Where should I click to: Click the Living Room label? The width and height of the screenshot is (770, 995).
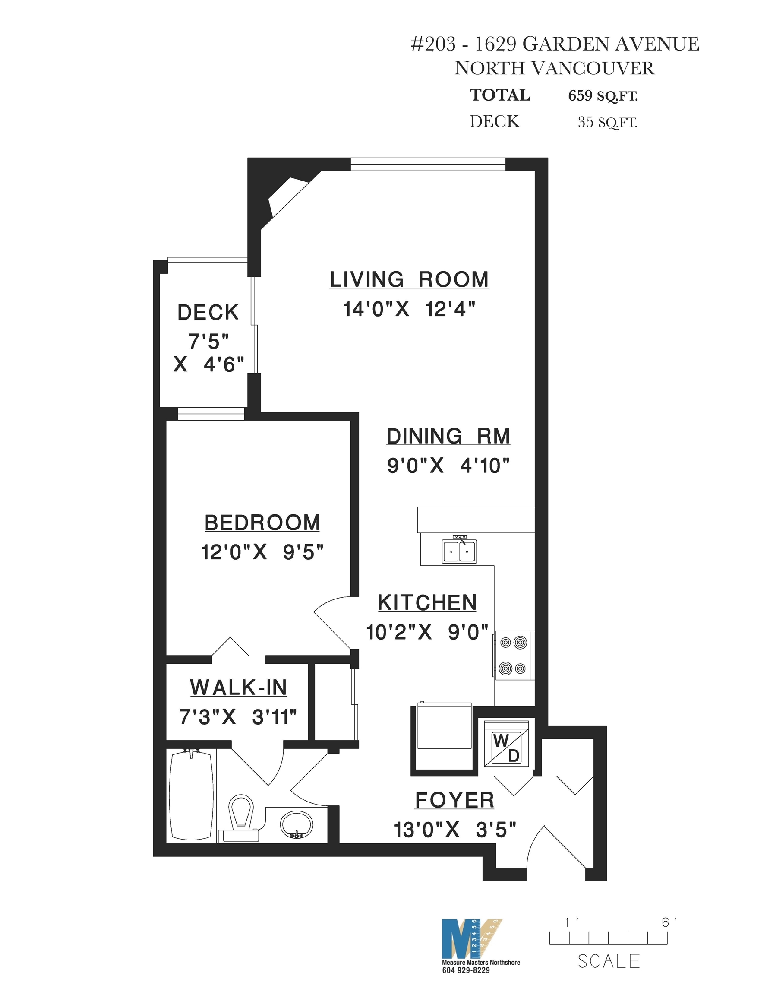click(x=409, y=279)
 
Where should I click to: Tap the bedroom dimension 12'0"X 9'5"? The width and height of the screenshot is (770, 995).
click(x=262, y=552)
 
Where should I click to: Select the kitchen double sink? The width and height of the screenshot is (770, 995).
click(x=459, y=550)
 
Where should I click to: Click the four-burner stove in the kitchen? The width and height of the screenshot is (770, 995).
click(x=513, y=655)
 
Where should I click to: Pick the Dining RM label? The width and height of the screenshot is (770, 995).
click(x=448, y=436)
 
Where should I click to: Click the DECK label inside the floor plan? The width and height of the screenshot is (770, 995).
click(x=208, y=312)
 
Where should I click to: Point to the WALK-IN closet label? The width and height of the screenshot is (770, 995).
click(x=238, y=688)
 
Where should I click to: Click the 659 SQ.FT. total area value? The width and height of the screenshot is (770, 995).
click(x=603, y=96)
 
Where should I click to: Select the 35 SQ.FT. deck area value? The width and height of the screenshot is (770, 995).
click(x=607, y=122)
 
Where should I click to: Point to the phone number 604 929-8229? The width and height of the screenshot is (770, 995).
click(x=466, y=970)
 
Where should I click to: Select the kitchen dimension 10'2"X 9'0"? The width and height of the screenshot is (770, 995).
click(x=427, y=632)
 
